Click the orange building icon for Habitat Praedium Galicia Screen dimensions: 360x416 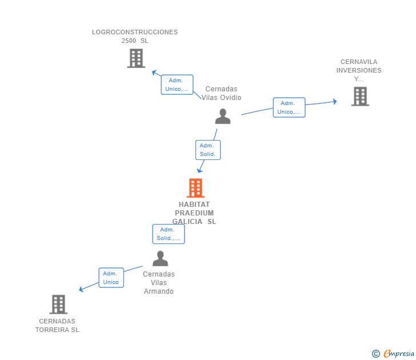click(195, 188)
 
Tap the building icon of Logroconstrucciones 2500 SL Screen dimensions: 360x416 click(136, 58)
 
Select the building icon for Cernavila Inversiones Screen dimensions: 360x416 click(360, 97)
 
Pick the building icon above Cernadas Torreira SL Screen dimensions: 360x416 click(58, 305)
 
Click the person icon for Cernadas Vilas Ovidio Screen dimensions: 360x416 click(223, 116)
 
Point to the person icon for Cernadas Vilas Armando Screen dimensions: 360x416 click(161, 259)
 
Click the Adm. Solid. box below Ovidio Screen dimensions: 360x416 click(207, 150)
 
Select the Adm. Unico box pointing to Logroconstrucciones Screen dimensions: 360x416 click(177, 85)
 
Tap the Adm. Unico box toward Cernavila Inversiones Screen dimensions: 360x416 click(289, 107)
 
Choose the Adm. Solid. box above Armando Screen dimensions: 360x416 click(169, 234)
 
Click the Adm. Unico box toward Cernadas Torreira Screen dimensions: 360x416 click(111, 278)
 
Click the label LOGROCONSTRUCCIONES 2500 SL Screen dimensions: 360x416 click(135, 36)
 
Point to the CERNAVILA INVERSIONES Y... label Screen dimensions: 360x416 click(359, 70)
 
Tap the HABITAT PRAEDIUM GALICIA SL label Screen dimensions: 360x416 click(194, 213)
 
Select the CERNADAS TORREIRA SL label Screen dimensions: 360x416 click(57, 325)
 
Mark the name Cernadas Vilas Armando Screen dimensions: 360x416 click(158, 282)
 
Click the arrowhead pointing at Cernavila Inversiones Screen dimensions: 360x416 click(335, 101)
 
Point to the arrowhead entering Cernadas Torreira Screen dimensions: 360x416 click(81, 289)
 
